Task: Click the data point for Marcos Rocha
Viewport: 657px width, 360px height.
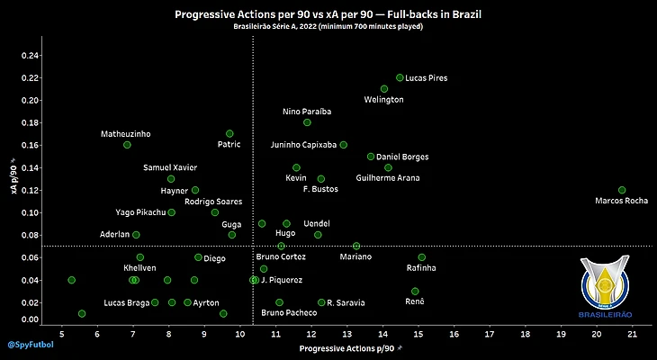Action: point(622,190)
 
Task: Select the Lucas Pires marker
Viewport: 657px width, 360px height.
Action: point(400,77)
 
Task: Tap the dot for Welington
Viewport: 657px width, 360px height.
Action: point(384,89)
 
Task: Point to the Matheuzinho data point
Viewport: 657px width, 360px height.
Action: point(127,145)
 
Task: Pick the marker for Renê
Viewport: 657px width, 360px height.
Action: point(415,292)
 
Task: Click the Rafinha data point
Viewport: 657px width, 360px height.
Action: point(422,257)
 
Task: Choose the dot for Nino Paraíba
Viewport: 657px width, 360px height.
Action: point(307,122)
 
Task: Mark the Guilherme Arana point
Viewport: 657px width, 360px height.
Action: point(388,167)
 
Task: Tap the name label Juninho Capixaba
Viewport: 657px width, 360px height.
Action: point(303,145)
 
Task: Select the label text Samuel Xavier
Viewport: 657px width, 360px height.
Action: point(169,167)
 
